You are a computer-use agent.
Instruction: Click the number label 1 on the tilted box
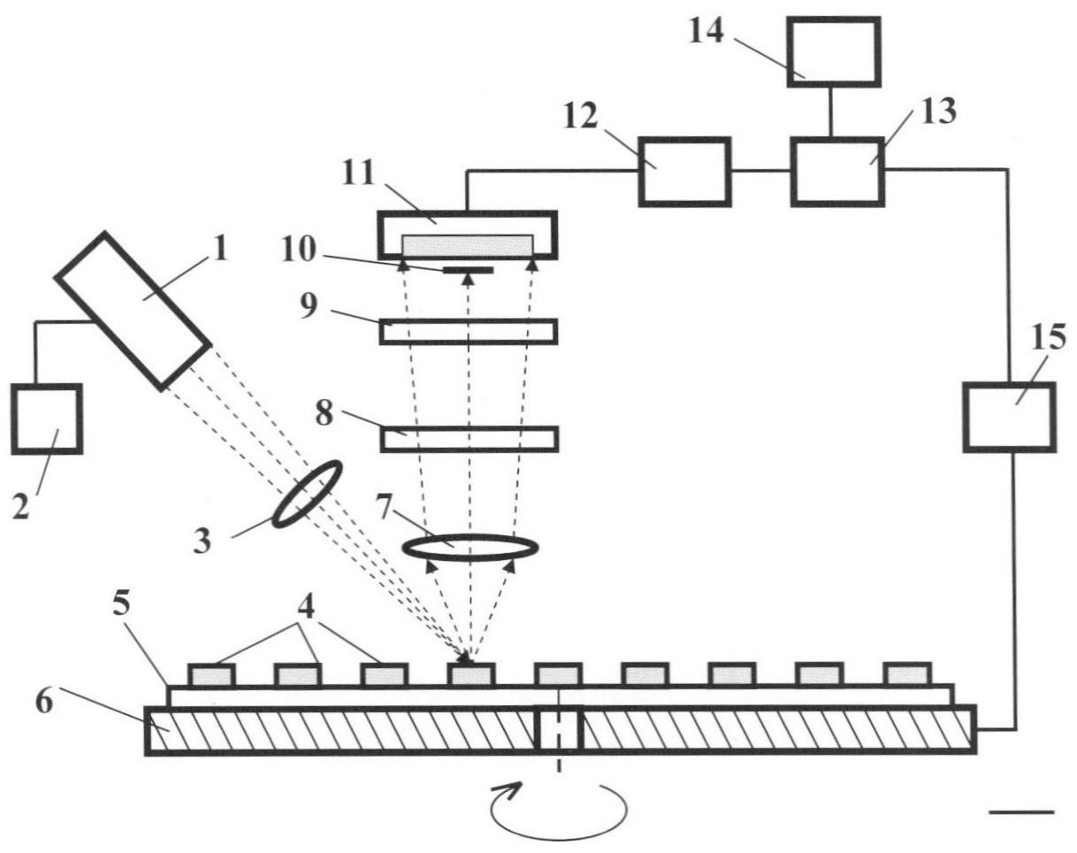(220, 251)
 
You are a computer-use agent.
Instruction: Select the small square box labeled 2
(46, 419)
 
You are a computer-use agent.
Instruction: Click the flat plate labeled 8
(469, 439)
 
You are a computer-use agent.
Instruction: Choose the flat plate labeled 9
(469, 331)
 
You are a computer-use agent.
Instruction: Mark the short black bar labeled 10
(468, 269)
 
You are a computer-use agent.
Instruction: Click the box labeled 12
(684, 172)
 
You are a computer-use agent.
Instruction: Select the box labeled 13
(836, 172)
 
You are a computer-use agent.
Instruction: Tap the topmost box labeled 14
(833, 52)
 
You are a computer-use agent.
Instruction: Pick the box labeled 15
(1008, 417)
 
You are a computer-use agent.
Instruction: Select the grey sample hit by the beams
(470, 675)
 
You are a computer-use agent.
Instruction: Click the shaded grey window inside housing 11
(468, 246)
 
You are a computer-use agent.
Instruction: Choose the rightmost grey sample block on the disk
(907, 674)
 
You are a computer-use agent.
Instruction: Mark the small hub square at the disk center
(559, 730)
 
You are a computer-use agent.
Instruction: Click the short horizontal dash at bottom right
(1020, 811)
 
